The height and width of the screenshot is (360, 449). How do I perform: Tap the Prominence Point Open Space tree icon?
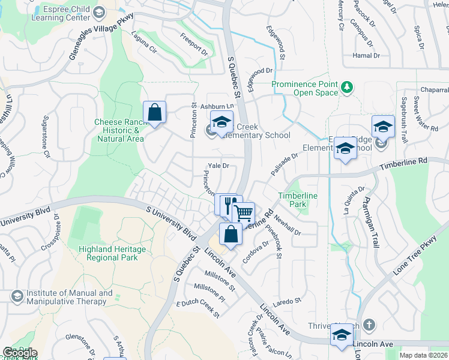pyautogui.click(x=346, y=88)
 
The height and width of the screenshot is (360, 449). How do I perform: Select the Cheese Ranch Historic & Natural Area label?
pyautogui.click(x=118, y=130)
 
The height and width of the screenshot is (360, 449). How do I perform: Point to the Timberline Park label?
pyautogui.click(x=298, y=200)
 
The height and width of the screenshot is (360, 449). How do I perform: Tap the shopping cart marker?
pyautogui.click(x=243, y=213)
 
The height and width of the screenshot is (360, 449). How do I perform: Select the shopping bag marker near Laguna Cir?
pyautogui.click(x=154, y=112)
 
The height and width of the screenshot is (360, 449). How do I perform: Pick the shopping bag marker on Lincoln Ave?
pyautogui.click(x=231, y=234)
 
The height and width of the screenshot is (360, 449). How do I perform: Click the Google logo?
pyautogui.click(x=20, y=352)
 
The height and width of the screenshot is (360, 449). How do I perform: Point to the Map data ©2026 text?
pyautogui.click(x=423, y=355)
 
